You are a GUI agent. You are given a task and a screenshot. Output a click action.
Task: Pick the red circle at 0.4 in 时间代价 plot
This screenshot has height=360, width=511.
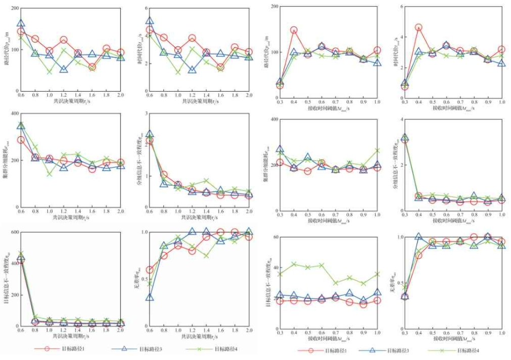(x=419, y=28)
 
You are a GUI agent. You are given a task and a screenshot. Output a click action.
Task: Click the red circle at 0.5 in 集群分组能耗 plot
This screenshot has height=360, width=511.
(x=308, y=171)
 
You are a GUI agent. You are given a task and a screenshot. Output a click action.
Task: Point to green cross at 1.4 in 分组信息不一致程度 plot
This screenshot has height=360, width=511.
(x=206, y=181)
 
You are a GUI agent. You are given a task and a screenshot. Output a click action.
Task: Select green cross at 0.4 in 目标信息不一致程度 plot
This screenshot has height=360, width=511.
(x=294, y=264)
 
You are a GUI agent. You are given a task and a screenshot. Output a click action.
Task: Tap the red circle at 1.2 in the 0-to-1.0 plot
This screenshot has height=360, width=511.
(x=192, y=251)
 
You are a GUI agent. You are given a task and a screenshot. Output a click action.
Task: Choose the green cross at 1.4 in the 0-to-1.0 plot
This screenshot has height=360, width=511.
(x=206, y=255)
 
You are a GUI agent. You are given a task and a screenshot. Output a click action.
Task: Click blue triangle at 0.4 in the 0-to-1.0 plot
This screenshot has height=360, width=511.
(x=419, y=236)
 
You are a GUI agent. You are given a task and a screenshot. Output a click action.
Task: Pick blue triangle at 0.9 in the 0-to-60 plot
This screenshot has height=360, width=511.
(x=363, y=300)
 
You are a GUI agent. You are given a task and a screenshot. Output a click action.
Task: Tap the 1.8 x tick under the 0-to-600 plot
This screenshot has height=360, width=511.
(x=107, y=332)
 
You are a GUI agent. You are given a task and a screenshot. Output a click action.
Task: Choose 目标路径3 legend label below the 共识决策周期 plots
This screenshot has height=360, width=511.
(x=142, y=349)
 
